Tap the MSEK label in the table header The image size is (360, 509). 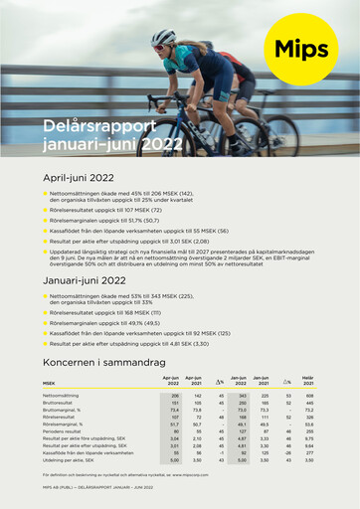(x=49, y=382)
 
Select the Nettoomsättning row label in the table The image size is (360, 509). (x=61, y=395)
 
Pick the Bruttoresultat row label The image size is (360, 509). (x=58, y=402)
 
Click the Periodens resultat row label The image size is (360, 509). (x=62, y=431)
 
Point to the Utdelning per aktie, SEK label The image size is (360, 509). (x=68, y=461)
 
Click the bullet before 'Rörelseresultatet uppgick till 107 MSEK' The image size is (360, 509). (x=46, y=211)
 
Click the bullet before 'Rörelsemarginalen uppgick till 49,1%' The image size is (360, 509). (x=46, y=323)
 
